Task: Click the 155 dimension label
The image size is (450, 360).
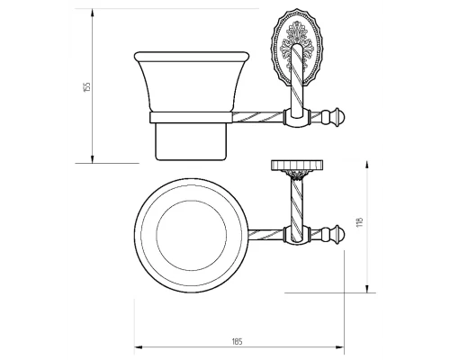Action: (x=87, y=86)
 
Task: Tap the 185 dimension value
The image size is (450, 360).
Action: (x=237, y=341)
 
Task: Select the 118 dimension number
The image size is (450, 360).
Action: (x=360, y=221)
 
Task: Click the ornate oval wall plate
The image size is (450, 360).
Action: (x=296, y=47)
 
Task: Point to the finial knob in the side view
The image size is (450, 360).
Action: (x=333, y=116)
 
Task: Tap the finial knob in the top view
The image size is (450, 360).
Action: (x=333, y=234)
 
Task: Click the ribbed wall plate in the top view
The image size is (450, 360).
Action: (x=297, y=165)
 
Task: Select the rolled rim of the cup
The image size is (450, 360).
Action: (x=192, y=57)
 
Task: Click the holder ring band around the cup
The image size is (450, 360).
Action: (x=191, y=118)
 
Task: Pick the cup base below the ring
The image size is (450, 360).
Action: (x=191, y=141)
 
